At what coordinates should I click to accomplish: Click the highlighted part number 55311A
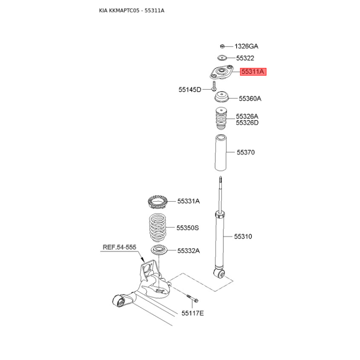coord(253,72)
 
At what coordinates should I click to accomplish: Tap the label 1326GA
coord(246,46)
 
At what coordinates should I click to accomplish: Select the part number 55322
coord(245,58)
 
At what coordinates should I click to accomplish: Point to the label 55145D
coord(190,90)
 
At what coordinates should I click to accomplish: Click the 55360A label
coord(250,98)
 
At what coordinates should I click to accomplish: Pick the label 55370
coord(246,153)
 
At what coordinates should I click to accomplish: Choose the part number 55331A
coord(188,201)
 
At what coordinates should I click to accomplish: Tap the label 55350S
coord(188,228)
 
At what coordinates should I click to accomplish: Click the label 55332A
coord(188,251)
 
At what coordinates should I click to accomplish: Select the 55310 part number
coord(243,236)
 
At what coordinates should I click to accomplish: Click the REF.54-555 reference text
coord(119,247)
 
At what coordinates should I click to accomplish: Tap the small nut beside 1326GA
coord(222,46)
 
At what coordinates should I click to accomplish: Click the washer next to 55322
coord(221,58)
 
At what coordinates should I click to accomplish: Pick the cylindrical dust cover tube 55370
coord(220,153)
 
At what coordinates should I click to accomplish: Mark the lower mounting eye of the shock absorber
coord(220,273)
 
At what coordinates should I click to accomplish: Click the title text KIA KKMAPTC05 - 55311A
coord(131,10)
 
